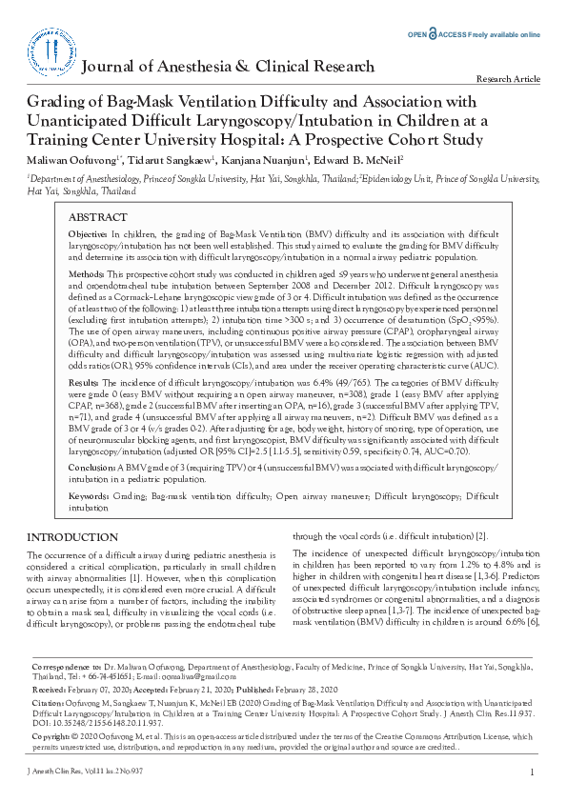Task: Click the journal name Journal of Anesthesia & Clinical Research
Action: pos(229,67)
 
